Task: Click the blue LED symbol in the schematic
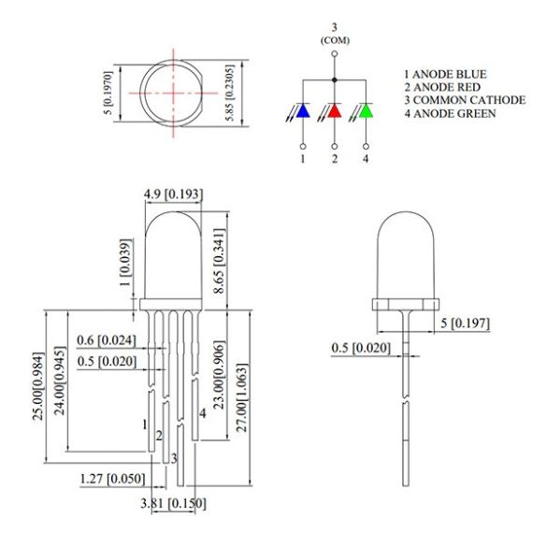tap(302, 112)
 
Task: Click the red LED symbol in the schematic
tap(334, 112)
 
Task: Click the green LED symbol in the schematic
tap(366, 112)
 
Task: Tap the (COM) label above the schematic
tap(334, 40)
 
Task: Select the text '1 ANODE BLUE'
tap(445, 74)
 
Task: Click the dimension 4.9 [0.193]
tap(173, 194)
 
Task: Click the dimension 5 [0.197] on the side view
tap(465, 324)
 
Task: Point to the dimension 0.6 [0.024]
tap(108, 339)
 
